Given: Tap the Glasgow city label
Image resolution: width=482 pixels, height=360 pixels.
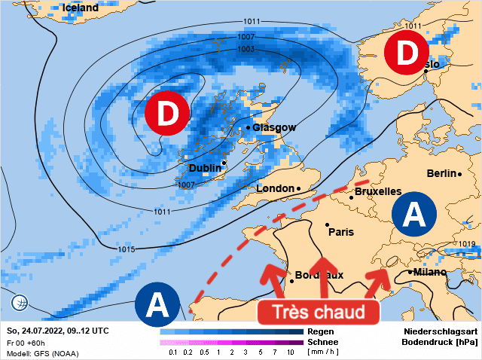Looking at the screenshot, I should click(x=274, y=127).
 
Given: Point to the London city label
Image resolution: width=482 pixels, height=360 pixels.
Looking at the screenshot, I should click(x=275, y=188).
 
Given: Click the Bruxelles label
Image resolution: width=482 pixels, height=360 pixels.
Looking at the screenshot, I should click(x=377, y=191).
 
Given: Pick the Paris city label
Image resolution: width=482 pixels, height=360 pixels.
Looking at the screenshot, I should click(x=341, y=232).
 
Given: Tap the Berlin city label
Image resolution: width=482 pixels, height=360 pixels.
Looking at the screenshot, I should click(x=441, y=173).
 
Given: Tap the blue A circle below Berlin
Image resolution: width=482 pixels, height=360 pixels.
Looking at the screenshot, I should click(x=413, y=215).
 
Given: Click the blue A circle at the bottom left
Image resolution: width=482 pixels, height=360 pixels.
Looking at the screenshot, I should click(x=157, y=306).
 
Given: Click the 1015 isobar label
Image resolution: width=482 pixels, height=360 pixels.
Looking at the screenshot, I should click(x=127, y=249).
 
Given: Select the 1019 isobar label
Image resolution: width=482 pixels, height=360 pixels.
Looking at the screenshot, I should click(x=467, y=244).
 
